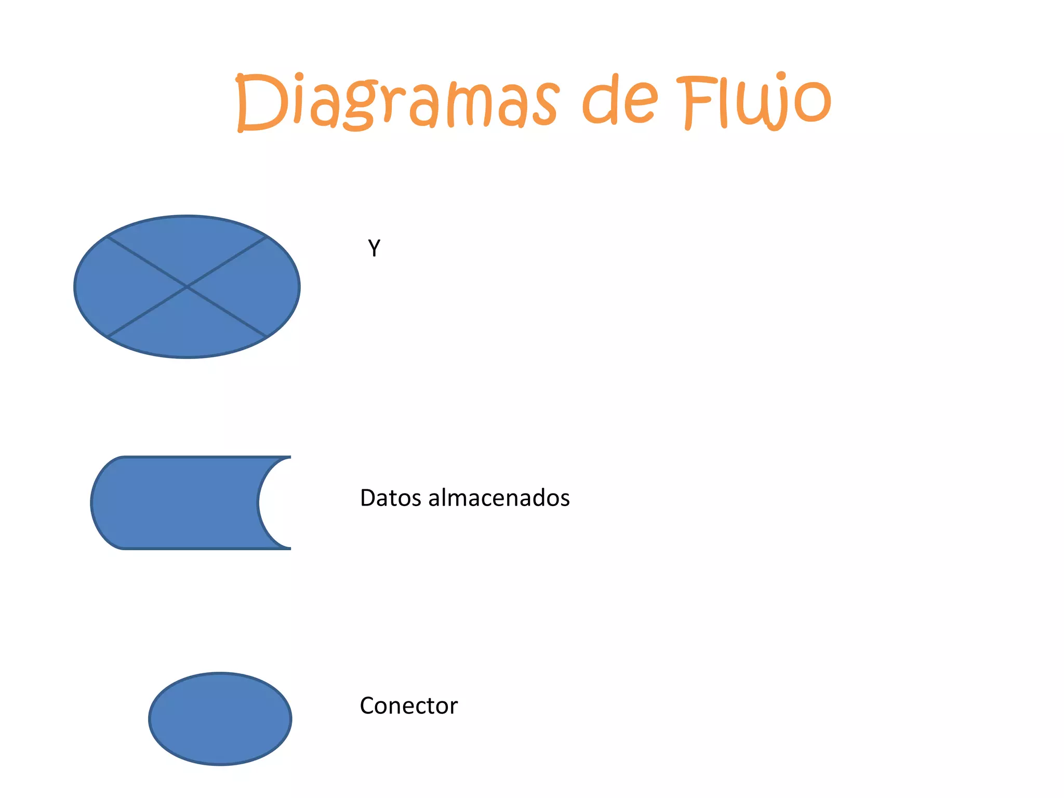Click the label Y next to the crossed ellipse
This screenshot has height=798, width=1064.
click(374, 248)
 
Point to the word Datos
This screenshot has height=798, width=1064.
click(390, 498)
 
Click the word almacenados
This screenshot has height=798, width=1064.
click(499, 498)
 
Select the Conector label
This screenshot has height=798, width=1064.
click(409, 706)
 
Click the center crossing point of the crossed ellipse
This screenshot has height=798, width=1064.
click(187, 287)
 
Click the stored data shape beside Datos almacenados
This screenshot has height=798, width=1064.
click(177, 502)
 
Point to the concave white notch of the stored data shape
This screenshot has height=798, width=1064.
click(275, 502)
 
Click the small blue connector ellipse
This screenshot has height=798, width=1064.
click(220, 719)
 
